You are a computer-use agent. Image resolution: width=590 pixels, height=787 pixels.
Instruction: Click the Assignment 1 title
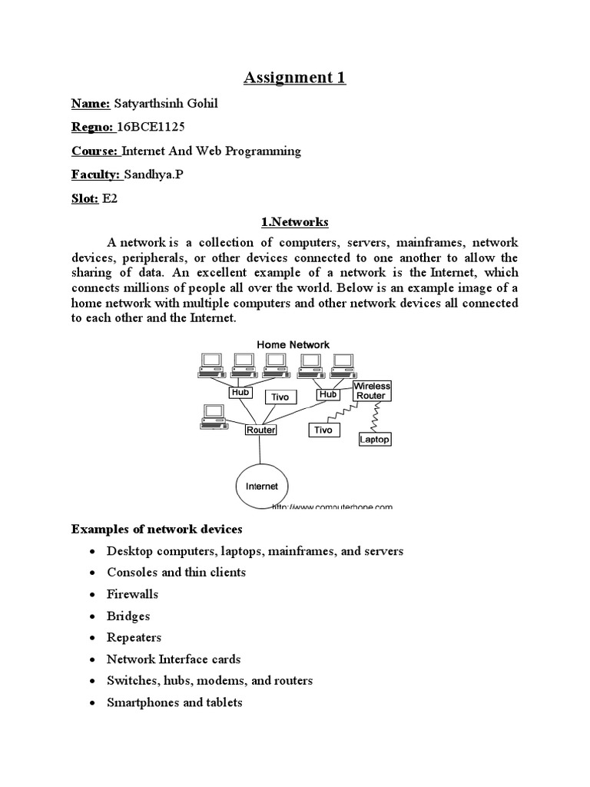295,78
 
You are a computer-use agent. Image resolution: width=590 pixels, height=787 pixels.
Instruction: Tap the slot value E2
110,198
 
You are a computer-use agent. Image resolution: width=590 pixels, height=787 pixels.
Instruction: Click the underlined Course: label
94,151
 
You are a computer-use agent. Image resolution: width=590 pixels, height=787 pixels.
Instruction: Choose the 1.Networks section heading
295,222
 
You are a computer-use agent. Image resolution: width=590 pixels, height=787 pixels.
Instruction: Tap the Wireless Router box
372,390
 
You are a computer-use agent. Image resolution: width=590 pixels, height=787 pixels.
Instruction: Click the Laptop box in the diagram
375,439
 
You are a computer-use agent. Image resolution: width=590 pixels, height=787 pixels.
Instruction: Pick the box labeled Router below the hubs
260,430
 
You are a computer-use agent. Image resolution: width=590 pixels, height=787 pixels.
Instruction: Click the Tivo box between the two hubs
280,397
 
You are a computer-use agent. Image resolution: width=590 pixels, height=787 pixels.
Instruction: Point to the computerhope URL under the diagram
332,506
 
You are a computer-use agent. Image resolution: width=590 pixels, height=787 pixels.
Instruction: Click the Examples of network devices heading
157,529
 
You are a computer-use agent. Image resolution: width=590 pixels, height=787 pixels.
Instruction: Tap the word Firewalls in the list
129,594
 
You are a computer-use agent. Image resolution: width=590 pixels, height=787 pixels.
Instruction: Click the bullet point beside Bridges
92,616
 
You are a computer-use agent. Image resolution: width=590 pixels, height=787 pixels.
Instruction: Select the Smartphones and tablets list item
174,702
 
